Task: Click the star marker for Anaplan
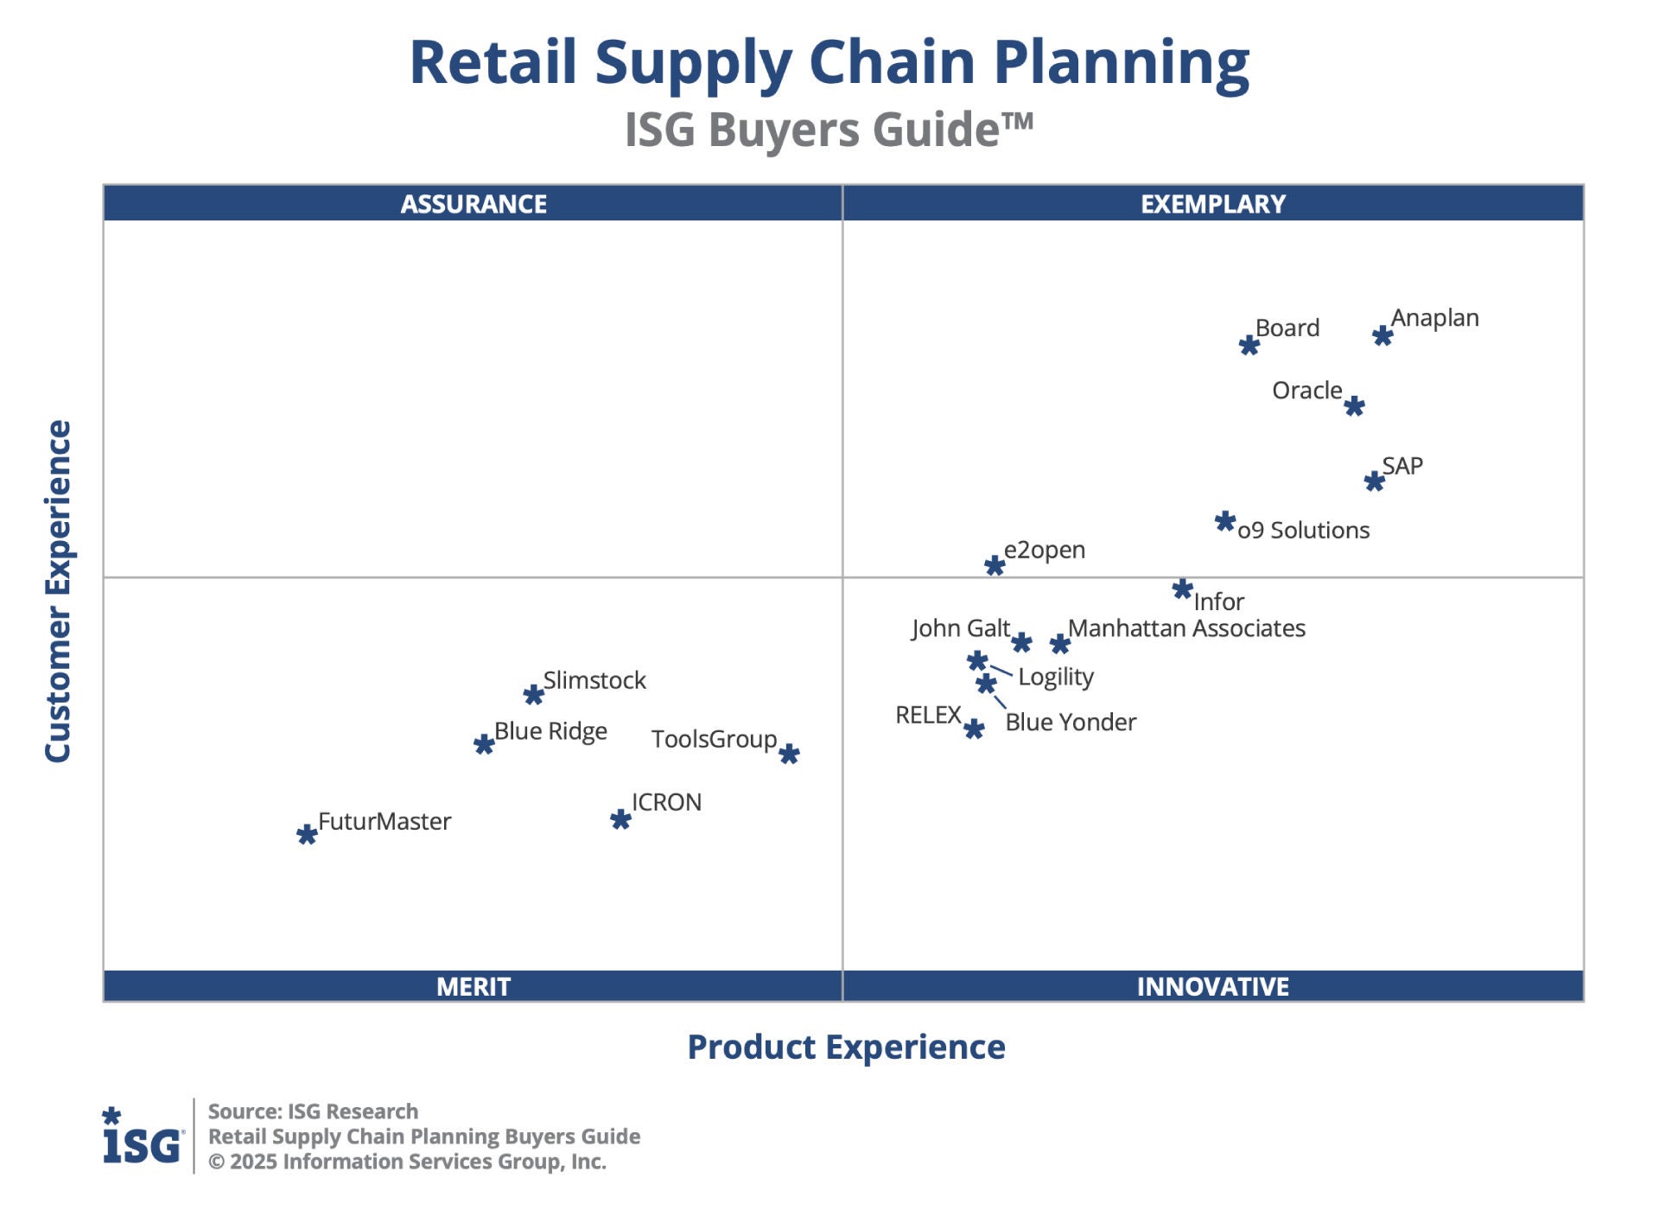[x=1382, y=335]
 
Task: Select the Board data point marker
[x=1249, y=346]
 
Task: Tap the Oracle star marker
[x=1354, y=406]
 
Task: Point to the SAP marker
[x=1374, y=481]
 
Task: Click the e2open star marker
[x=995, y=566]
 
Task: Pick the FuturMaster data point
[x=307, y=835]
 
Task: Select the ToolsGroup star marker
[x=789, y=755]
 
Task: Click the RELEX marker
[x=974, y=729]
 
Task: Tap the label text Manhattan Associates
[x=1186, y=628]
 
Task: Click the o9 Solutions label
[x=1303, y=531]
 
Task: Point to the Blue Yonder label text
[x=1071, y=723]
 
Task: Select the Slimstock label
[x=594, y=681]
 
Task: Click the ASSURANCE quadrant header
[x=474, y=204]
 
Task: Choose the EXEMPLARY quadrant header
[x=1213, y=204]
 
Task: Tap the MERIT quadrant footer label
[x=474, y=986]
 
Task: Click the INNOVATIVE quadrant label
[x=1213, y=986]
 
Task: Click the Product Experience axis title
[x=846, y=1048]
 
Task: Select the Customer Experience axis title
[x=58, y=591]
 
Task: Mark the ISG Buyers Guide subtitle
[x=829, y=131]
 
